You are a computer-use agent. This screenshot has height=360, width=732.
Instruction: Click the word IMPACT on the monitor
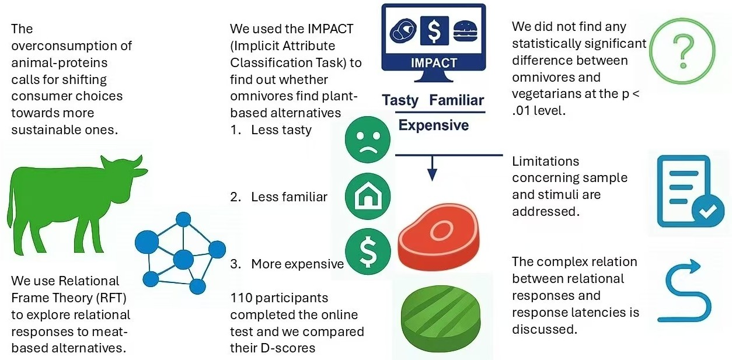pos(434,63)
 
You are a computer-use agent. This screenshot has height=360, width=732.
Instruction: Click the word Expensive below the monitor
pos(433,125)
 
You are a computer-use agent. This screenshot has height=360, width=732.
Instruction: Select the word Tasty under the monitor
pos(400,100)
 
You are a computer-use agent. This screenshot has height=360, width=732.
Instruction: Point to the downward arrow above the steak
pos(432,169)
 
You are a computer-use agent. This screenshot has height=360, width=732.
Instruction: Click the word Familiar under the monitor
pos(456,100)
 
